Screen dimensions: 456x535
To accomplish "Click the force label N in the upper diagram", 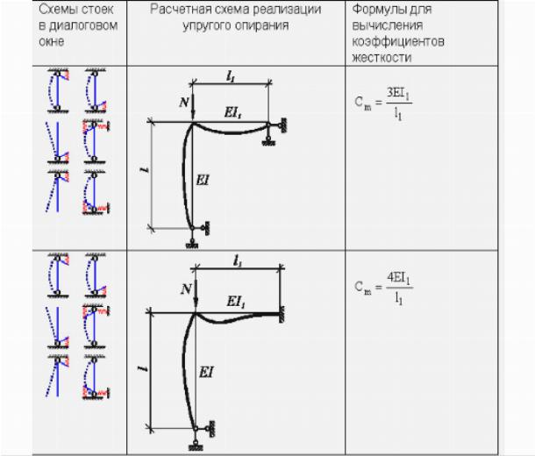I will click(183, 103).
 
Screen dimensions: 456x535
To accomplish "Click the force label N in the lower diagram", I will click(184, 286).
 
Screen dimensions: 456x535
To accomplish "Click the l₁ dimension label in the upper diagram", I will click(230, 77).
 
